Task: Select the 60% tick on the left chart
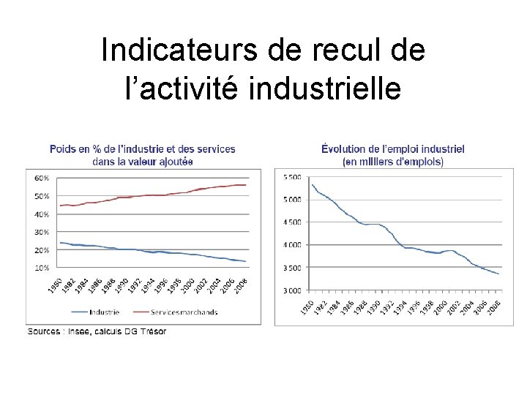pyautogui.click(x=42, y=178)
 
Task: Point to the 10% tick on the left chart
pyautogui.click(x=42, y=268)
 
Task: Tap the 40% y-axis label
pyautogui.click(x=42, y=214)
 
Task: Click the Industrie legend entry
pyautogui.click(x=100, y=312)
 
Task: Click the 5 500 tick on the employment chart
pyautogui.click(x=292, y=177)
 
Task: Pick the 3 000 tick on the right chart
pyautogui.click(x=292, y=291)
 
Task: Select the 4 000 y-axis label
pyautogui.click(x=292, y=245)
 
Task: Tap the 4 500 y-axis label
pyautogui.click(x=292, y=222)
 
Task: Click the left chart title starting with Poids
pyautogui.click(x=143, y=154)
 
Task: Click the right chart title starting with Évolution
pyautogui.click(x=393, y=154)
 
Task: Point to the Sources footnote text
pyautogui.click(x=97, y=331)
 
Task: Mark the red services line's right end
pyautogui.click(x=247, y=185)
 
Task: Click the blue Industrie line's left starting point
pyautogui.click(x=59, y=242)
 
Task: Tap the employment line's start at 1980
pyautogui.click(x=313, y=184)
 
